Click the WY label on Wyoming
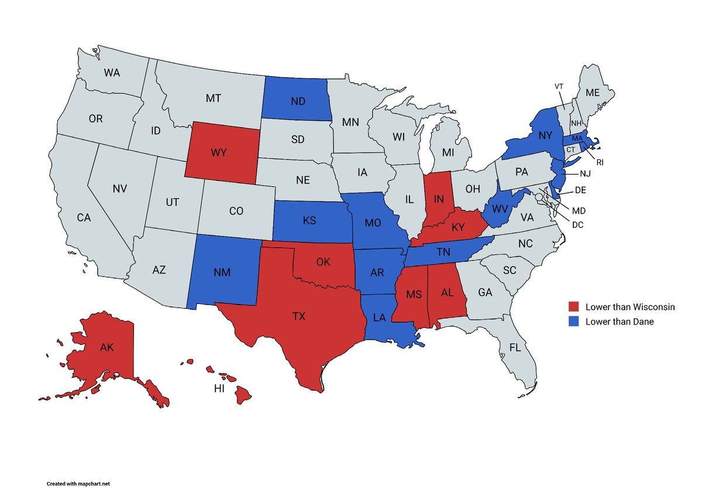[219, 152]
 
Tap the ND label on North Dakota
[298, 101]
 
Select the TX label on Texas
[299, 316]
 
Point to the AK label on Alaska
[107, 347]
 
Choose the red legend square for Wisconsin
[574, 307]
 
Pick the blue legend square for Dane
[574, 321]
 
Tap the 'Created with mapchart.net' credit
[78, 484]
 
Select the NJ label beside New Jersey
[586, 174]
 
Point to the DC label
[578, 224]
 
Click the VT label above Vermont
[559, 87]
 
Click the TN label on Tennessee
[442, 252]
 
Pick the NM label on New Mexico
[221, 272]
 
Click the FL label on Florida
[515, 347]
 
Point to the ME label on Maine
[593, 93]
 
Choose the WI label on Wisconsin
[398, 137]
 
